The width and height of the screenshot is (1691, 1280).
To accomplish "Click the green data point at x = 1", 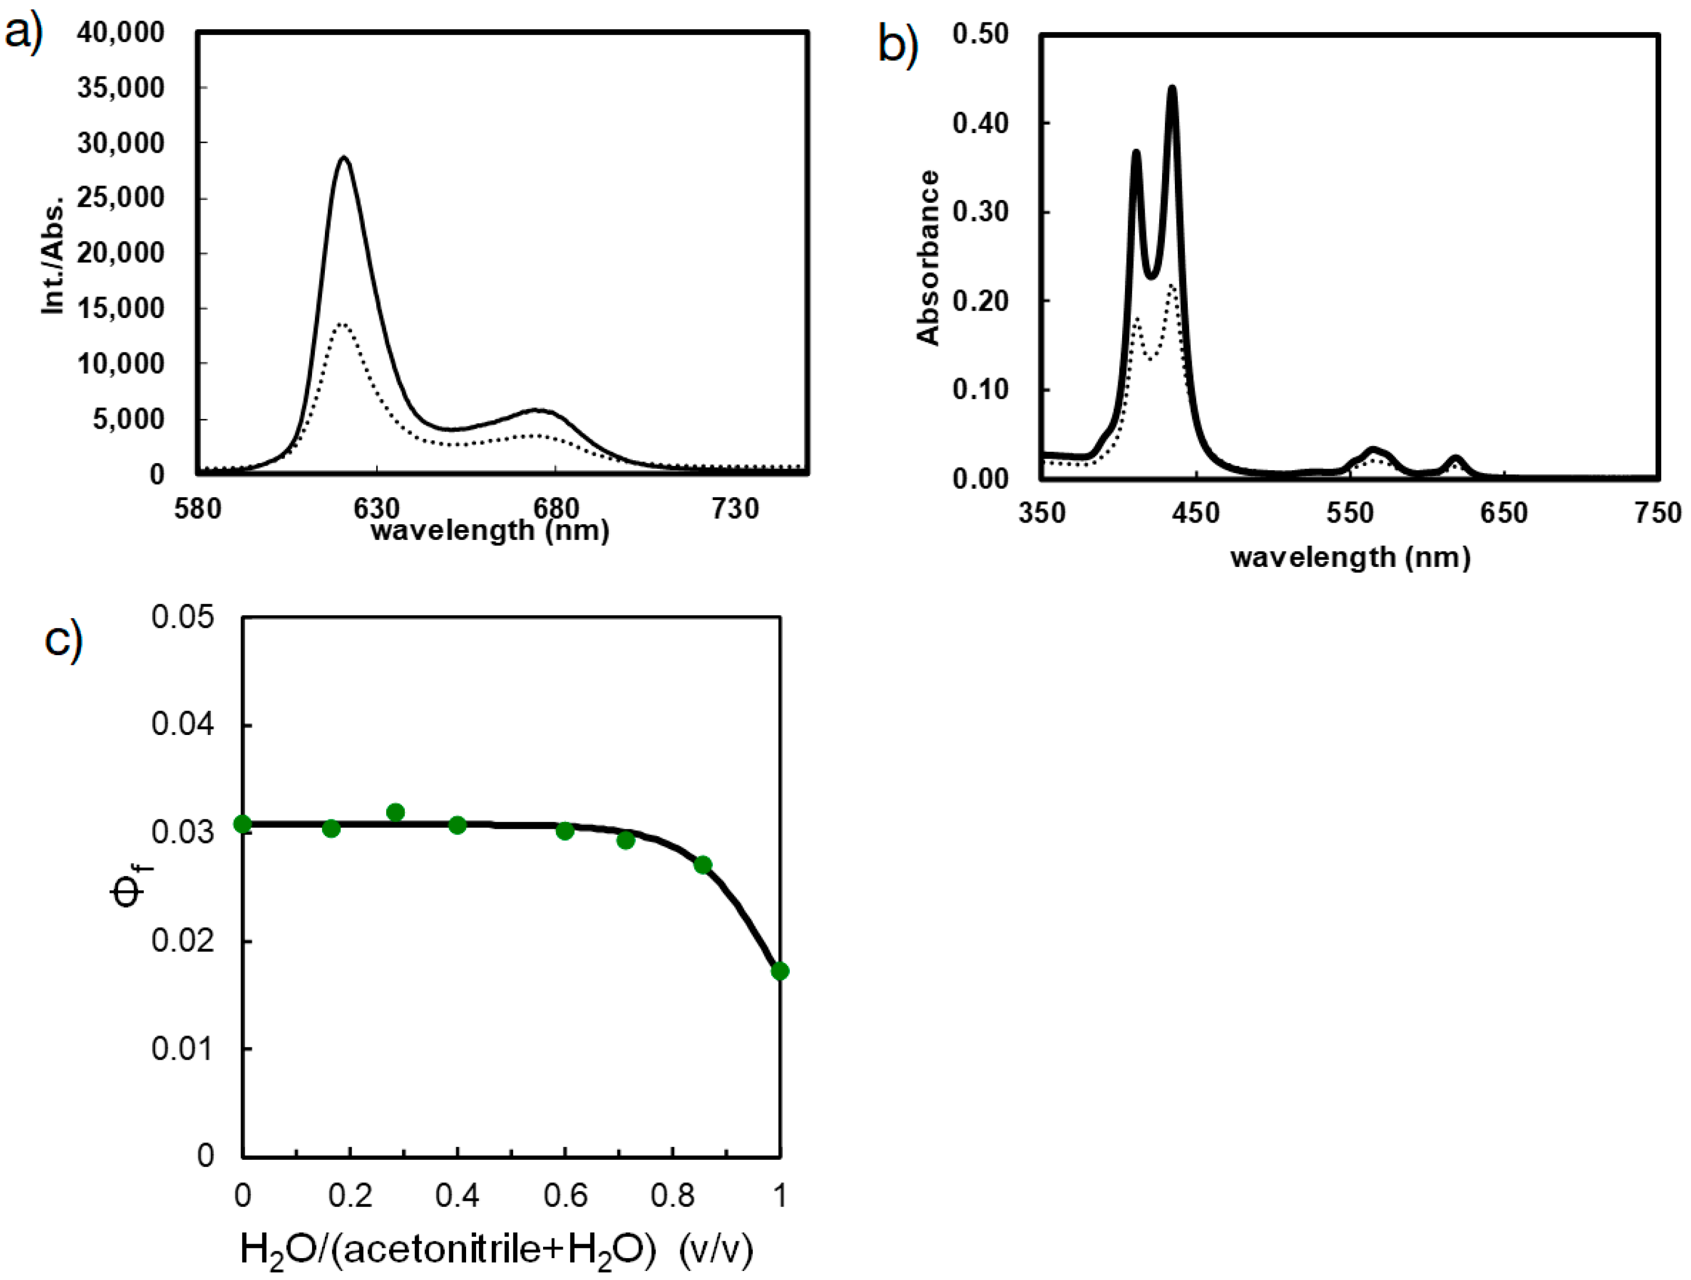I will click(x=780, y=972).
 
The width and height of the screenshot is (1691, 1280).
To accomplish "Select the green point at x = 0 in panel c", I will click(x=242, y=824).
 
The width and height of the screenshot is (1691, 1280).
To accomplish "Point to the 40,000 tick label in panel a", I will click(x=121, y=32).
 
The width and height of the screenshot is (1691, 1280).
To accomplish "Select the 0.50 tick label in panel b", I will click(x=981, y=34).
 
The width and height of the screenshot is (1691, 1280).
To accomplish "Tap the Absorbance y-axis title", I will click(x=928, y=258).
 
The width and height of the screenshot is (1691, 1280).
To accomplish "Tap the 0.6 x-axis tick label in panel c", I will click(x=565, y=1196).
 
